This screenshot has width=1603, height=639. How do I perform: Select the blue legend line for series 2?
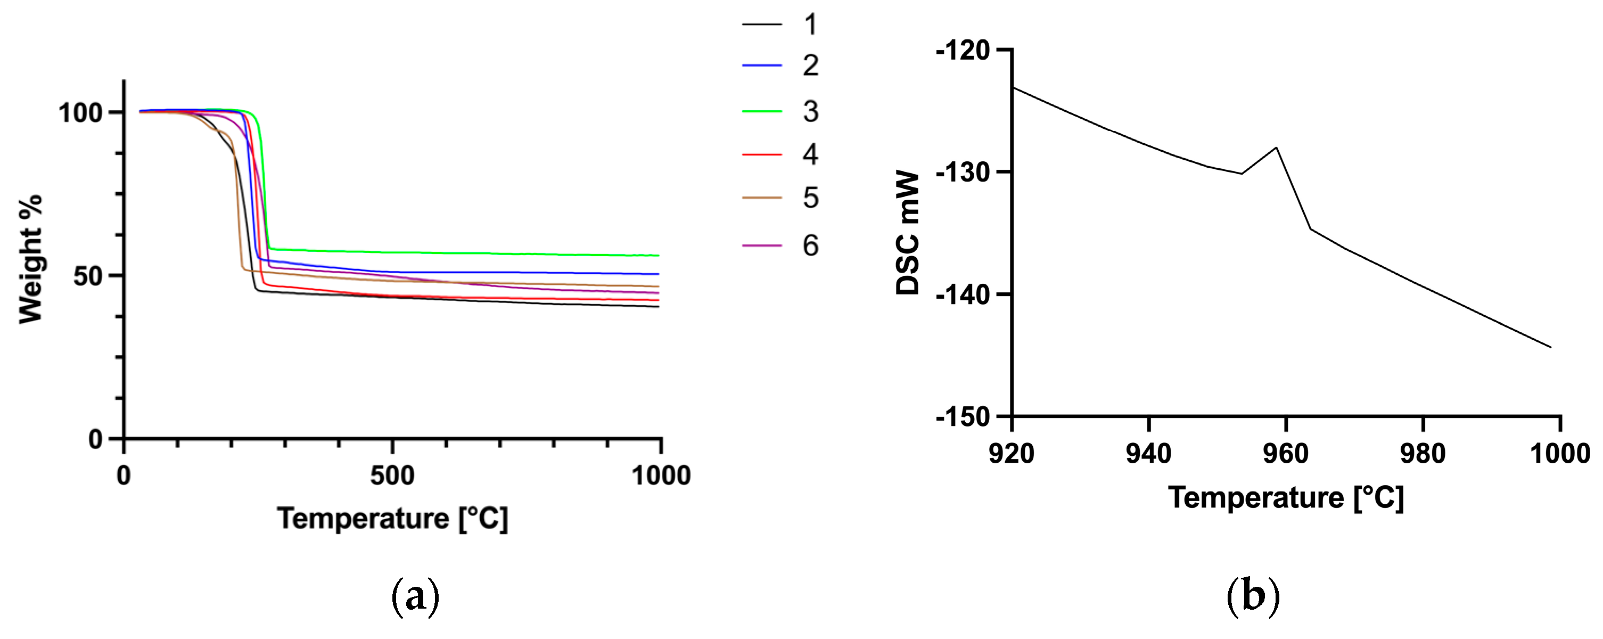pos(762,65)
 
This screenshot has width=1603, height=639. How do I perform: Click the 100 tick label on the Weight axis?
pos(80,112)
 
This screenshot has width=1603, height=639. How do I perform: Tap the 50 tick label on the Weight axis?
pos(88,276)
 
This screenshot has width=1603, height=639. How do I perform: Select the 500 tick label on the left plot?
pos(392,476)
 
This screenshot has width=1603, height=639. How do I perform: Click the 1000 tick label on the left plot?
pos(661,476)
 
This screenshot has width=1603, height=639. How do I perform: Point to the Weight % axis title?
pos(30,259)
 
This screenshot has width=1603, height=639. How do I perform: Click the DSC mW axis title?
pos(908,233)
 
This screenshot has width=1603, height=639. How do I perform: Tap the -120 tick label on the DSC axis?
pos(963,50)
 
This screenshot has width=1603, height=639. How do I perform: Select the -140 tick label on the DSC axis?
pos(963,294)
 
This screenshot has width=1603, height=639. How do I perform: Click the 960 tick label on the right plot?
pos(1286,454)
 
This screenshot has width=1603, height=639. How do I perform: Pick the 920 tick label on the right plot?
pos(1012,454)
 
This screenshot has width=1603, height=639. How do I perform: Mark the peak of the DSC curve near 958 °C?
pos(1276,148)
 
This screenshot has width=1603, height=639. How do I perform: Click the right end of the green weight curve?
pos(657,255)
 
